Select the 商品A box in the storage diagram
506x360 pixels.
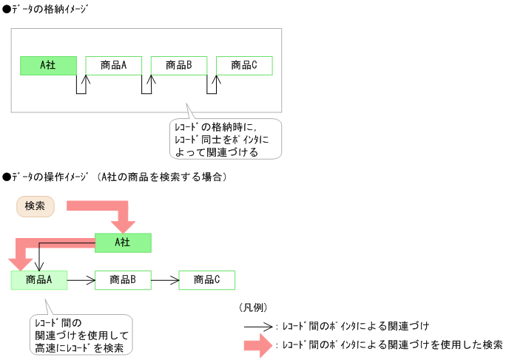[113, 65]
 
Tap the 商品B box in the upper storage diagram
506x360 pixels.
[178, 65]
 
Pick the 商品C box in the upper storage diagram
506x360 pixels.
[243, 65]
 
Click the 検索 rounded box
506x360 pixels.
[36, 206]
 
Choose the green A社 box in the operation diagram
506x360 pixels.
[123, 242]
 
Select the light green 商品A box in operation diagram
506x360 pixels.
[38, 279]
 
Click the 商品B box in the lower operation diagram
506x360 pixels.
[123, 279]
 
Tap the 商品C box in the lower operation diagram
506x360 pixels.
[207, 279]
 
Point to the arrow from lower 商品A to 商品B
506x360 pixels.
[81, 279]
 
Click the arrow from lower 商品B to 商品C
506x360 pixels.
[165, 279]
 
